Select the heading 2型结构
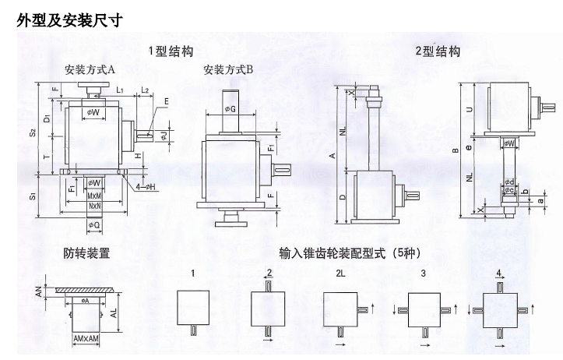(x=437, y=51)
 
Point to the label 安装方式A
(x=90, y=70)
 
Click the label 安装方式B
(x=227, y=70)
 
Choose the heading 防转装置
(x=86, y=252)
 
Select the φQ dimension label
(x=92, y=225)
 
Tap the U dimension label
(x=469, y=109)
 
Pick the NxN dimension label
(x=93, y=206)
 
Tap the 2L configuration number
(x=340, y=274)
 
